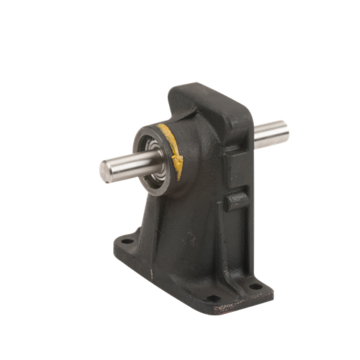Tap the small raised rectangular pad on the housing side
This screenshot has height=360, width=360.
pos(236,200)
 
